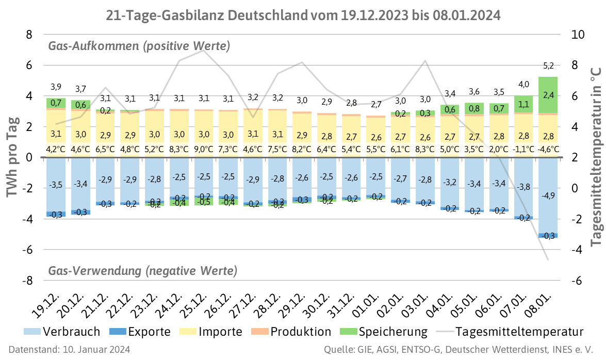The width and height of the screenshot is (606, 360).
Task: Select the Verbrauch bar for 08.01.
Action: tap(548, 206)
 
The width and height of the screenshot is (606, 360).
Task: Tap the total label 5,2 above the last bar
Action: tap(548, 66)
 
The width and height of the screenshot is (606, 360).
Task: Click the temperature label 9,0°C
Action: tap(204, 150)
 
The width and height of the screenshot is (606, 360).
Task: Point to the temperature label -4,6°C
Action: tap(548, 150)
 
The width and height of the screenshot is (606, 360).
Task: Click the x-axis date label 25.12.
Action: tap(196, 300)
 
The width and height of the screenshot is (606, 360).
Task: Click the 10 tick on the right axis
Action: tap(578, 35)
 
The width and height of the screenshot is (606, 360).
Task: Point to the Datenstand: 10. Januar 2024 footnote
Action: tap(69, 350)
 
